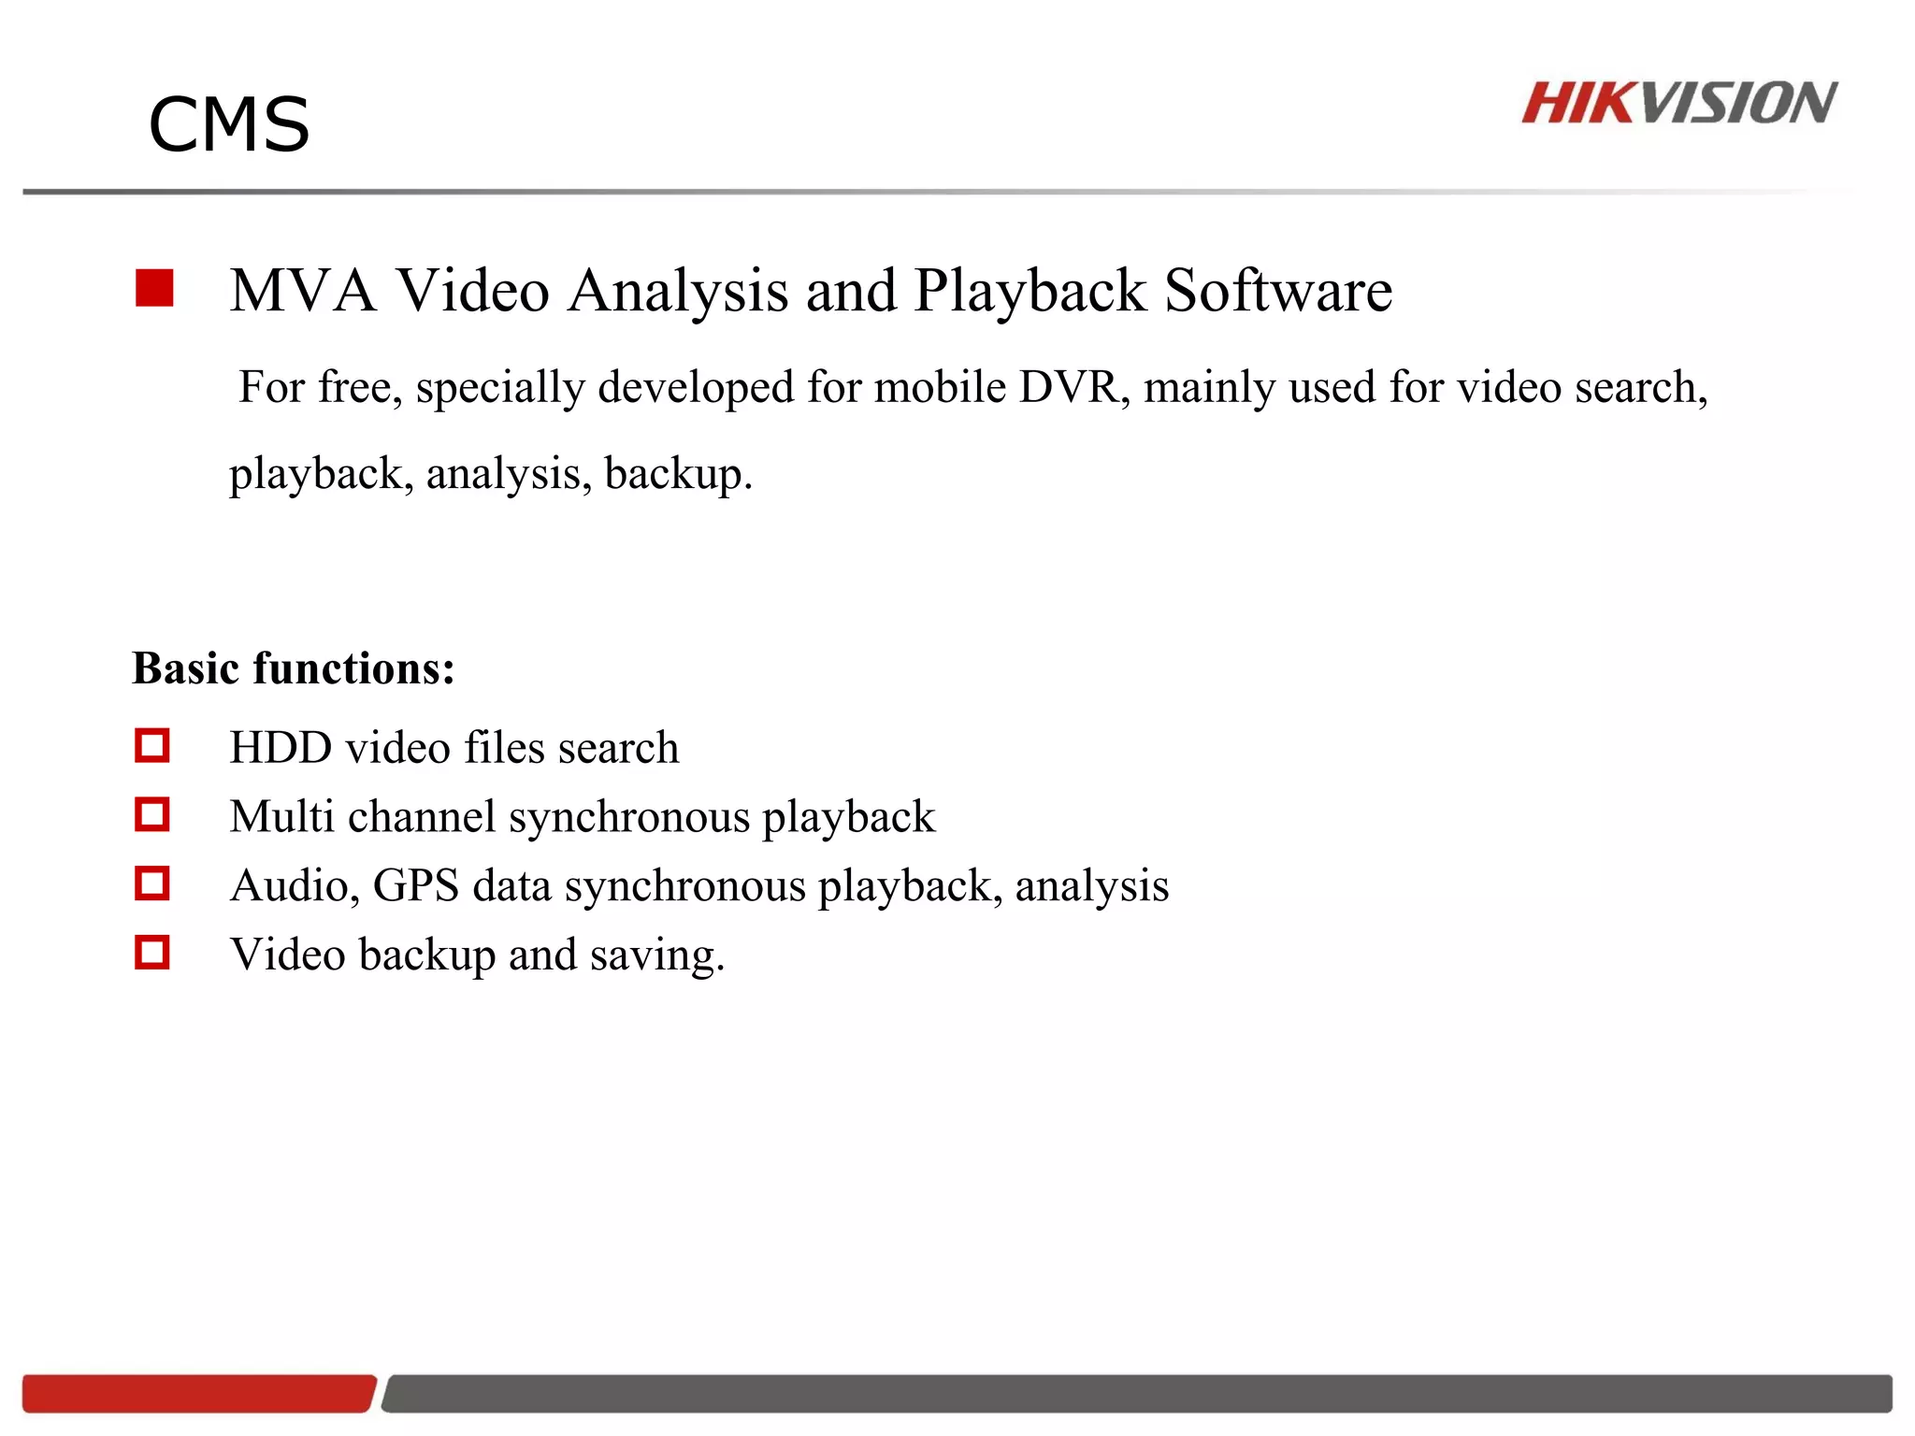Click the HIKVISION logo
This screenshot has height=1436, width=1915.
coord(1678,103)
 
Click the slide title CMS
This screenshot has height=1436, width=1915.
coord(229,125)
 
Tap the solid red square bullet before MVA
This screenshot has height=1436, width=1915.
coord(154,288)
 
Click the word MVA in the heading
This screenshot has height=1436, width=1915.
coord(302,290)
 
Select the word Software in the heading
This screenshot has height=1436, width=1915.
coord(1277,290)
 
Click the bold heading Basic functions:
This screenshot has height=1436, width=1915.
coord(294,668)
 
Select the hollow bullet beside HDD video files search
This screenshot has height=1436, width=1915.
coord(152,746)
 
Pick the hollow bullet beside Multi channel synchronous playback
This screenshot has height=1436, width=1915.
coord(152,814)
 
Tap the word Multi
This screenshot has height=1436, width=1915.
coord(282,816)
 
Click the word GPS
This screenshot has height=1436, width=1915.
coord(416,885)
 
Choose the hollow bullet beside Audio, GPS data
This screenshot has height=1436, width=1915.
coord(152,883)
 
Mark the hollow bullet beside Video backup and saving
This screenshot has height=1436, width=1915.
coord(152,953)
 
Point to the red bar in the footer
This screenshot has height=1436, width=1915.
coord(198,1393)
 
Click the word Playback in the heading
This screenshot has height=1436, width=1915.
coord(1029,290)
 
